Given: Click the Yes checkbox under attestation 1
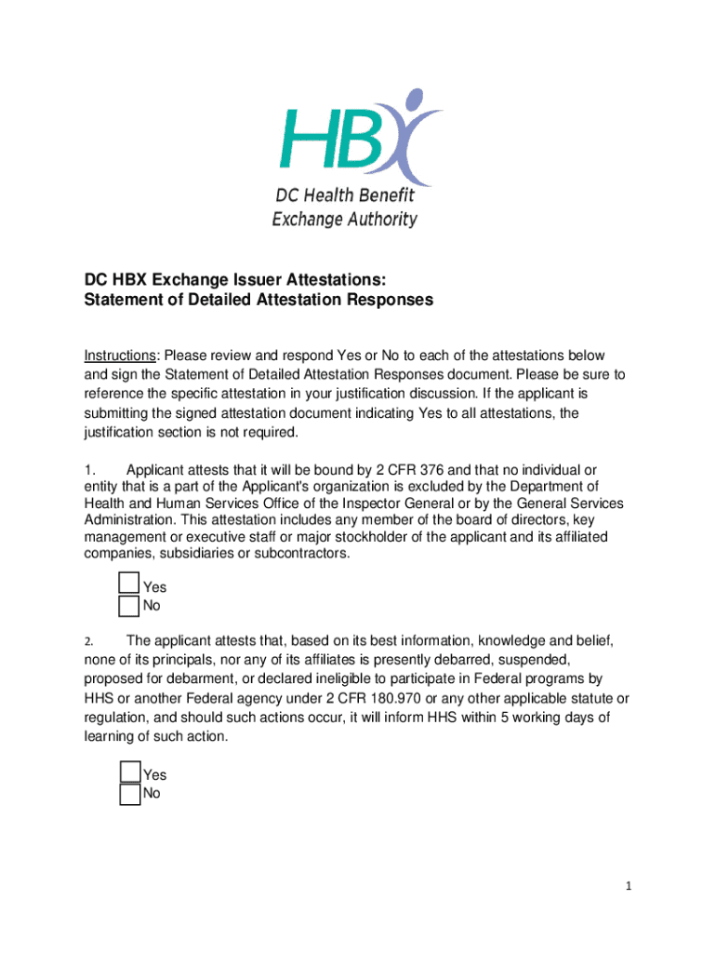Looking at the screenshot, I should tap(130, 584).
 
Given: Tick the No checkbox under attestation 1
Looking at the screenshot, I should tap(130, 607).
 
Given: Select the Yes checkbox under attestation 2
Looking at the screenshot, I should tap(130, 772).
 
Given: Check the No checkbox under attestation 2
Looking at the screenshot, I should tap(130, 794).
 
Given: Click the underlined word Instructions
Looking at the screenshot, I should tap(120, 356).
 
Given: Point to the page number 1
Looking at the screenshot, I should tap(629, 887).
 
